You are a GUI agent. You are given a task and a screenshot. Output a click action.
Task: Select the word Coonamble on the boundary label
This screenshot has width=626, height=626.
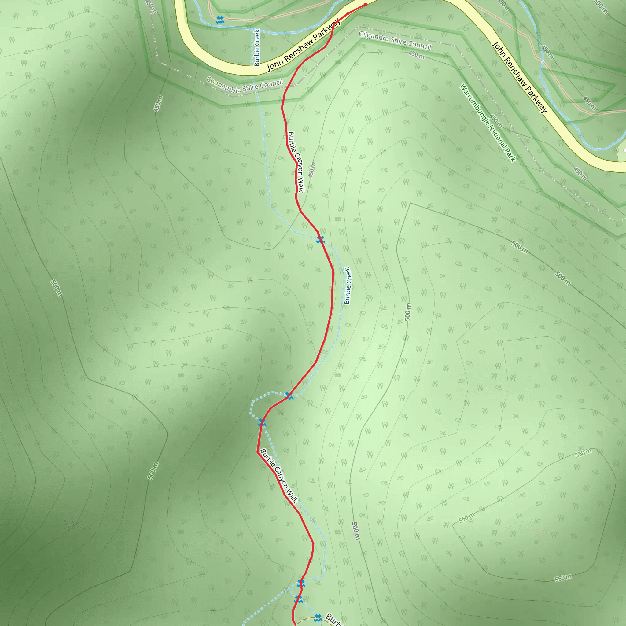pos(223,85)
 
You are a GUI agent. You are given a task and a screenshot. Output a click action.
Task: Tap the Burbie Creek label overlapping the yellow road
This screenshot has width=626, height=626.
pos(257,48)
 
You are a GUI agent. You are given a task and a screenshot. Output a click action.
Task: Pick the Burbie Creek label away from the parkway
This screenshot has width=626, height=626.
pos(347,286)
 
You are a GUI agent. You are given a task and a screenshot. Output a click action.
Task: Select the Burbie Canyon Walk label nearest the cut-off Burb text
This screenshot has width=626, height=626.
pos(279,476)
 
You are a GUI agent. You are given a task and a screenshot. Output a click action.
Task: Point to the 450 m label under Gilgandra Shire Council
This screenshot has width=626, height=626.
pos(416,54)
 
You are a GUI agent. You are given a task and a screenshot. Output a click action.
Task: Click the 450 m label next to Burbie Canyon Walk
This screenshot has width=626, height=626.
pos(312,170)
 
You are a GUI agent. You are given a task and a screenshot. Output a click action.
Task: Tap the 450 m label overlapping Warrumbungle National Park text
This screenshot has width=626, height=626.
pos(496,121)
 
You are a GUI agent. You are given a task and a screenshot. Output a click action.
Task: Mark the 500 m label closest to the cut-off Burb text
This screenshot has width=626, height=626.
pos(356,531)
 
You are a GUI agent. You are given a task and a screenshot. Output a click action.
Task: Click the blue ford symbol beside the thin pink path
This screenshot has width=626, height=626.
pos(220,20)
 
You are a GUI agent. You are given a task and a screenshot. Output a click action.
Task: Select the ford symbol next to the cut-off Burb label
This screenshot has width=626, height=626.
pos(318,616)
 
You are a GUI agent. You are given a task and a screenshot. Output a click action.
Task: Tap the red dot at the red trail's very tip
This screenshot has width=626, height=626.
pos(366,4)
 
